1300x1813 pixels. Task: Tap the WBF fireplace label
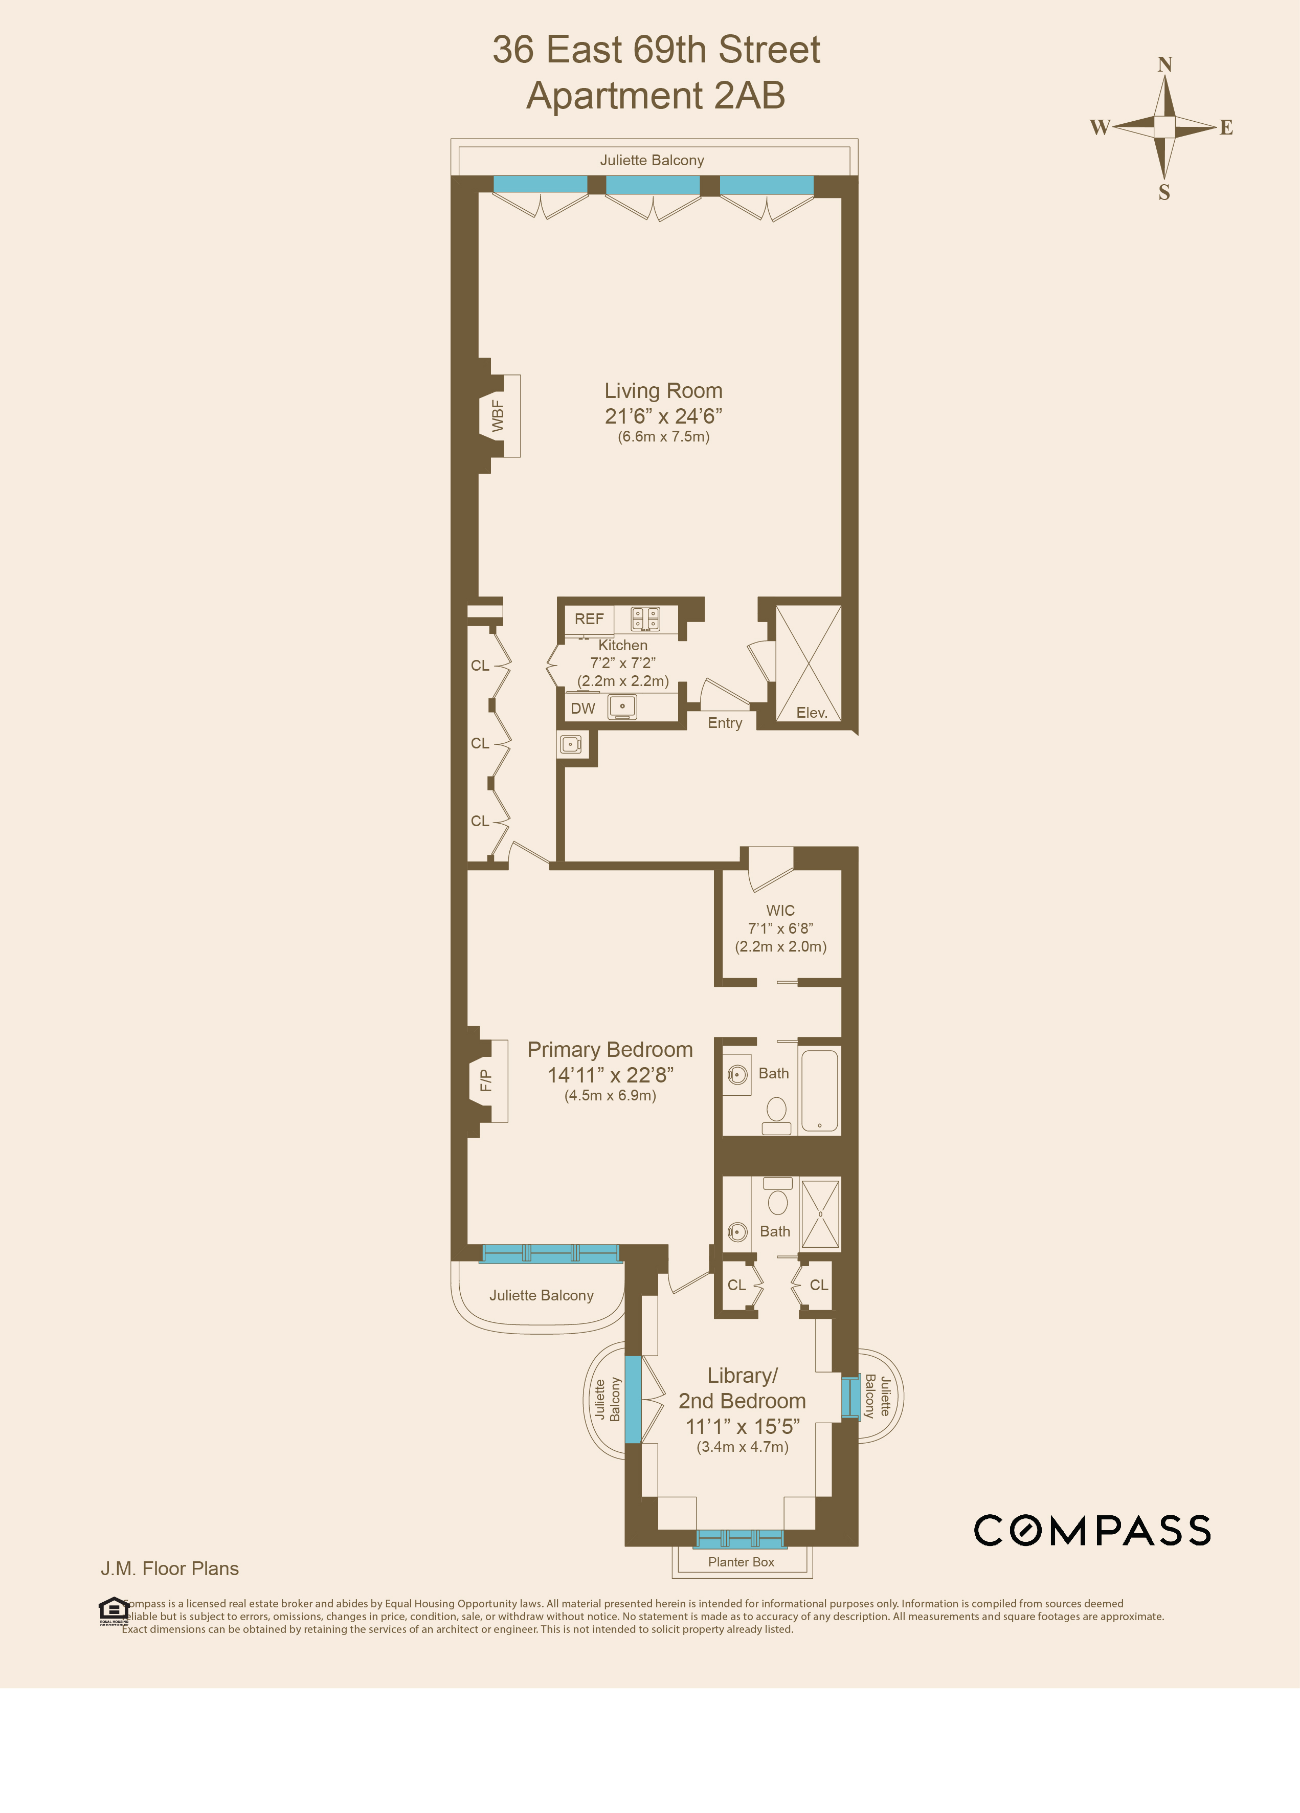click(x=498, y=416)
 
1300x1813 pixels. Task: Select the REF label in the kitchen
click(x=589, y=618)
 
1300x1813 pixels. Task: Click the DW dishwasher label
click(x=582, y=708)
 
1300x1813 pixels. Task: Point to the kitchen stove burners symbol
click(x=645, y=618)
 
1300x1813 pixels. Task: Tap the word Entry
click(x=725, y=723)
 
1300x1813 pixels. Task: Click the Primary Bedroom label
click(x=610, y=1050)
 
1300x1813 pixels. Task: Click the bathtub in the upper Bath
click(x=819, y=1091)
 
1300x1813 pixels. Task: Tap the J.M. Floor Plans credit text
click(x=169, y=1569)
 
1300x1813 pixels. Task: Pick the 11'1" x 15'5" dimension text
click(x=742, y=1427)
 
